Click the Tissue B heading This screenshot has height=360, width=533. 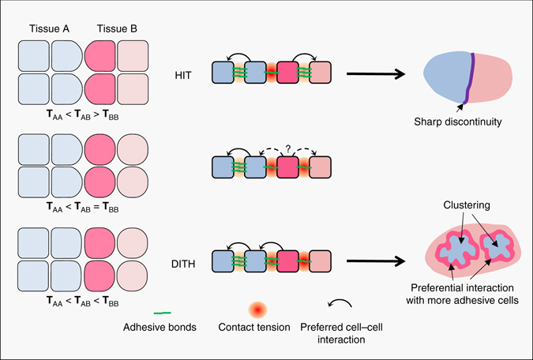click(116, 29)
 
